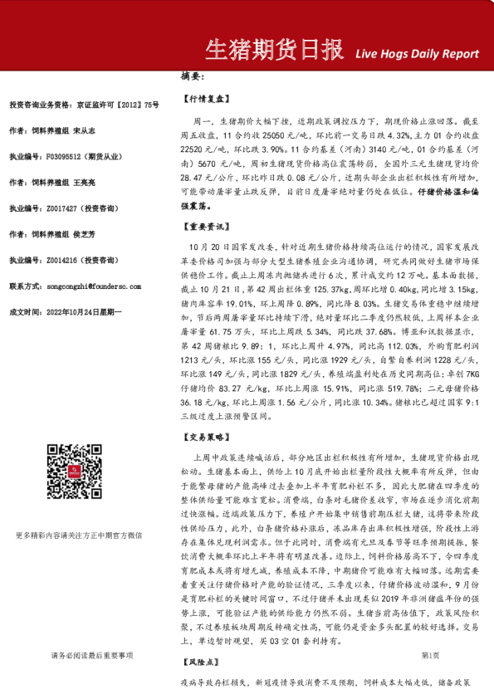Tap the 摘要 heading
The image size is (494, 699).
(192, 76)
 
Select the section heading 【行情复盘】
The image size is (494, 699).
(204, 98)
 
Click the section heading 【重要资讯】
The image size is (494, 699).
(204, 225)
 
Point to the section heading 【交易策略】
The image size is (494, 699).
(204, 434)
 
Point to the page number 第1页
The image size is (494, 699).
(430, 655)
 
